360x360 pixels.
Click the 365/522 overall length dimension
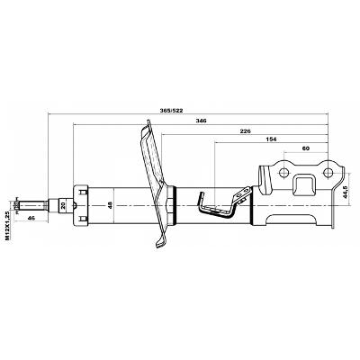coord(171,111)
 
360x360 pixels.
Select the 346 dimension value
coord(201,121)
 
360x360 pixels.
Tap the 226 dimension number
coord(245,131)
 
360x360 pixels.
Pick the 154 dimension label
coord(271,139)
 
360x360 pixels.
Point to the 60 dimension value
coord(306,148)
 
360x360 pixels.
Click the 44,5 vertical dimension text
coord(345,192)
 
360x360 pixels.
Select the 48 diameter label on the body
coord(111,205)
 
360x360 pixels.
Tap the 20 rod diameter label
coord(63,205)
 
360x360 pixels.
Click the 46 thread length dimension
coord(31,218)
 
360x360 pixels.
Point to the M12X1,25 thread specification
coord(7,225)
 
